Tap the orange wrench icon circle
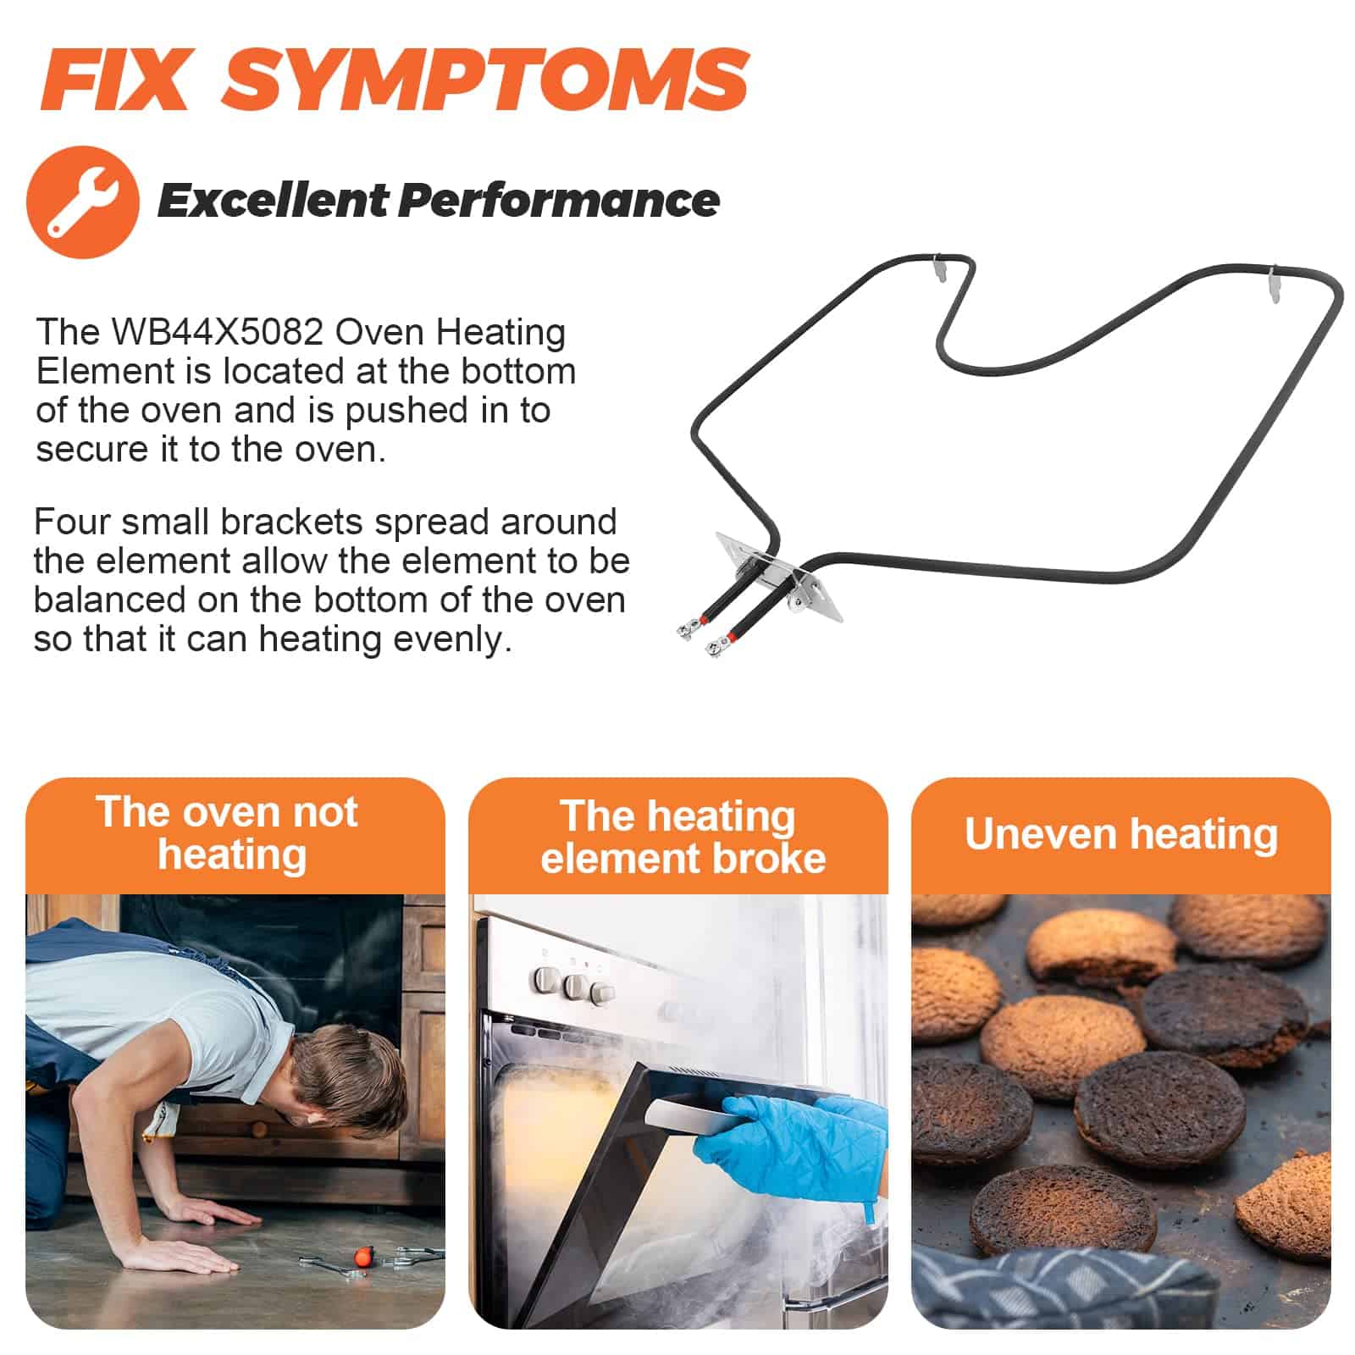83,202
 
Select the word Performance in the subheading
559,201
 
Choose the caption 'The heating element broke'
682,837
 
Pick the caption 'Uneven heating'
1121,834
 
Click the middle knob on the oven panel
577,987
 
